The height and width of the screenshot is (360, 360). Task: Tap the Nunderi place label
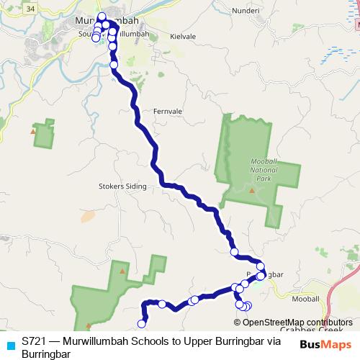coord(246,11)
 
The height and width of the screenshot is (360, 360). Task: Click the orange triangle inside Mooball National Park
coord(251,191)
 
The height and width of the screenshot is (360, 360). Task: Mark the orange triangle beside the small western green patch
coord(33,131)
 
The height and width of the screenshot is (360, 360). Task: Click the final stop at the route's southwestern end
coord(142,324)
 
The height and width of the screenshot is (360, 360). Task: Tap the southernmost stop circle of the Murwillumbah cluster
coord(114,65)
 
